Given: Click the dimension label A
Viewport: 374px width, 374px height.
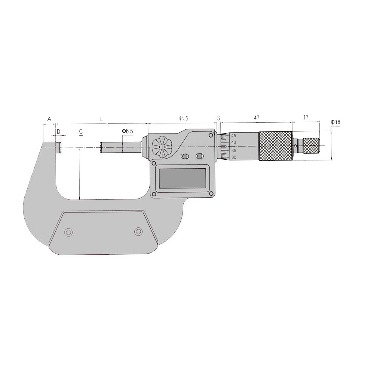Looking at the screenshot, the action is pyautogui.click(x=49, y=119).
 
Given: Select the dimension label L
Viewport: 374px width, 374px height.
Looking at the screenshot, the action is pyautogui.click(x=102, y=119).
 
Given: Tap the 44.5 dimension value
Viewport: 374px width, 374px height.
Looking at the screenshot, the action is pyautogui.click(x=183, y=118).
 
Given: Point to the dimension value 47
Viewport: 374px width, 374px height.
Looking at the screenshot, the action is pyautogui.click(x=257, y=118).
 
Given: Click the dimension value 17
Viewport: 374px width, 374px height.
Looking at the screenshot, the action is pyautogui.click(x=306, y=117).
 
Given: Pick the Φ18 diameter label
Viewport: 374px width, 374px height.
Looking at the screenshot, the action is pyautogui.click(x=335, y=122).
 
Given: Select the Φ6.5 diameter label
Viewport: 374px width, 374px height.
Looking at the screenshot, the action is pyautogui.click(x=128, y=131).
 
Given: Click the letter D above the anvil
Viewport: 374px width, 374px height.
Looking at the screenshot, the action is pyautogui.click(x=59, y=132).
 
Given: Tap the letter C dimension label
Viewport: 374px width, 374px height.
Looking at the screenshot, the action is pyautogui.click(x=81, y=131).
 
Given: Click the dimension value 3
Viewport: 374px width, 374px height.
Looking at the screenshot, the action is pyautogui.click(x=218, y=118).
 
